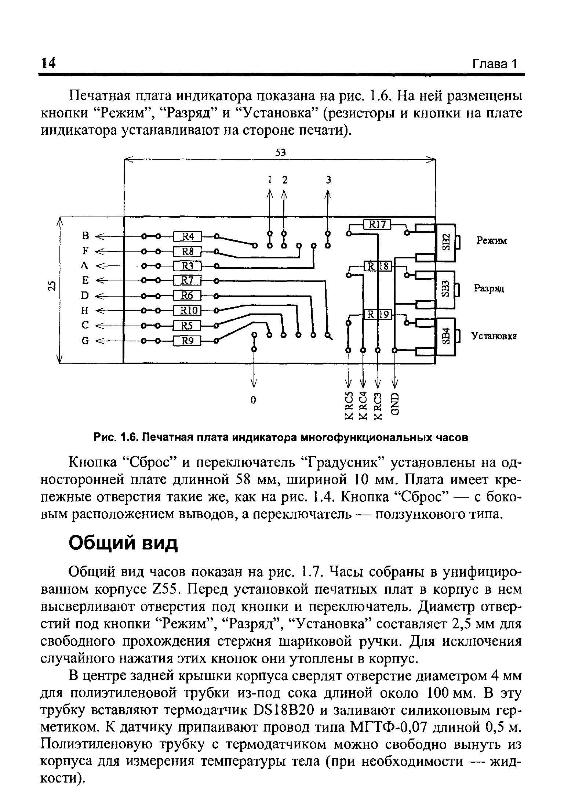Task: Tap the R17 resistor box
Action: (x=377, y=224)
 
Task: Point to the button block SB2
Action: (x=445, y=242)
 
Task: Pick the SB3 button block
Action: (x=445, y=289)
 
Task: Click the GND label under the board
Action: (x=395, y=404)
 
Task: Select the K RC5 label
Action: (x=349, y=405)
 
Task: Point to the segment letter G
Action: (x=85, y=341)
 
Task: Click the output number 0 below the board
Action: (x=253, y=400)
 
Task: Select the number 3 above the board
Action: (x=328, y=180)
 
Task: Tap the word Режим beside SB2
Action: (x=491, y=241)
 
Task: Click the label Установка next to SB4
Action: (x=494, y=336)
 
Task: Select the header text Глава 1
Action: (x=494, y=64)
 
